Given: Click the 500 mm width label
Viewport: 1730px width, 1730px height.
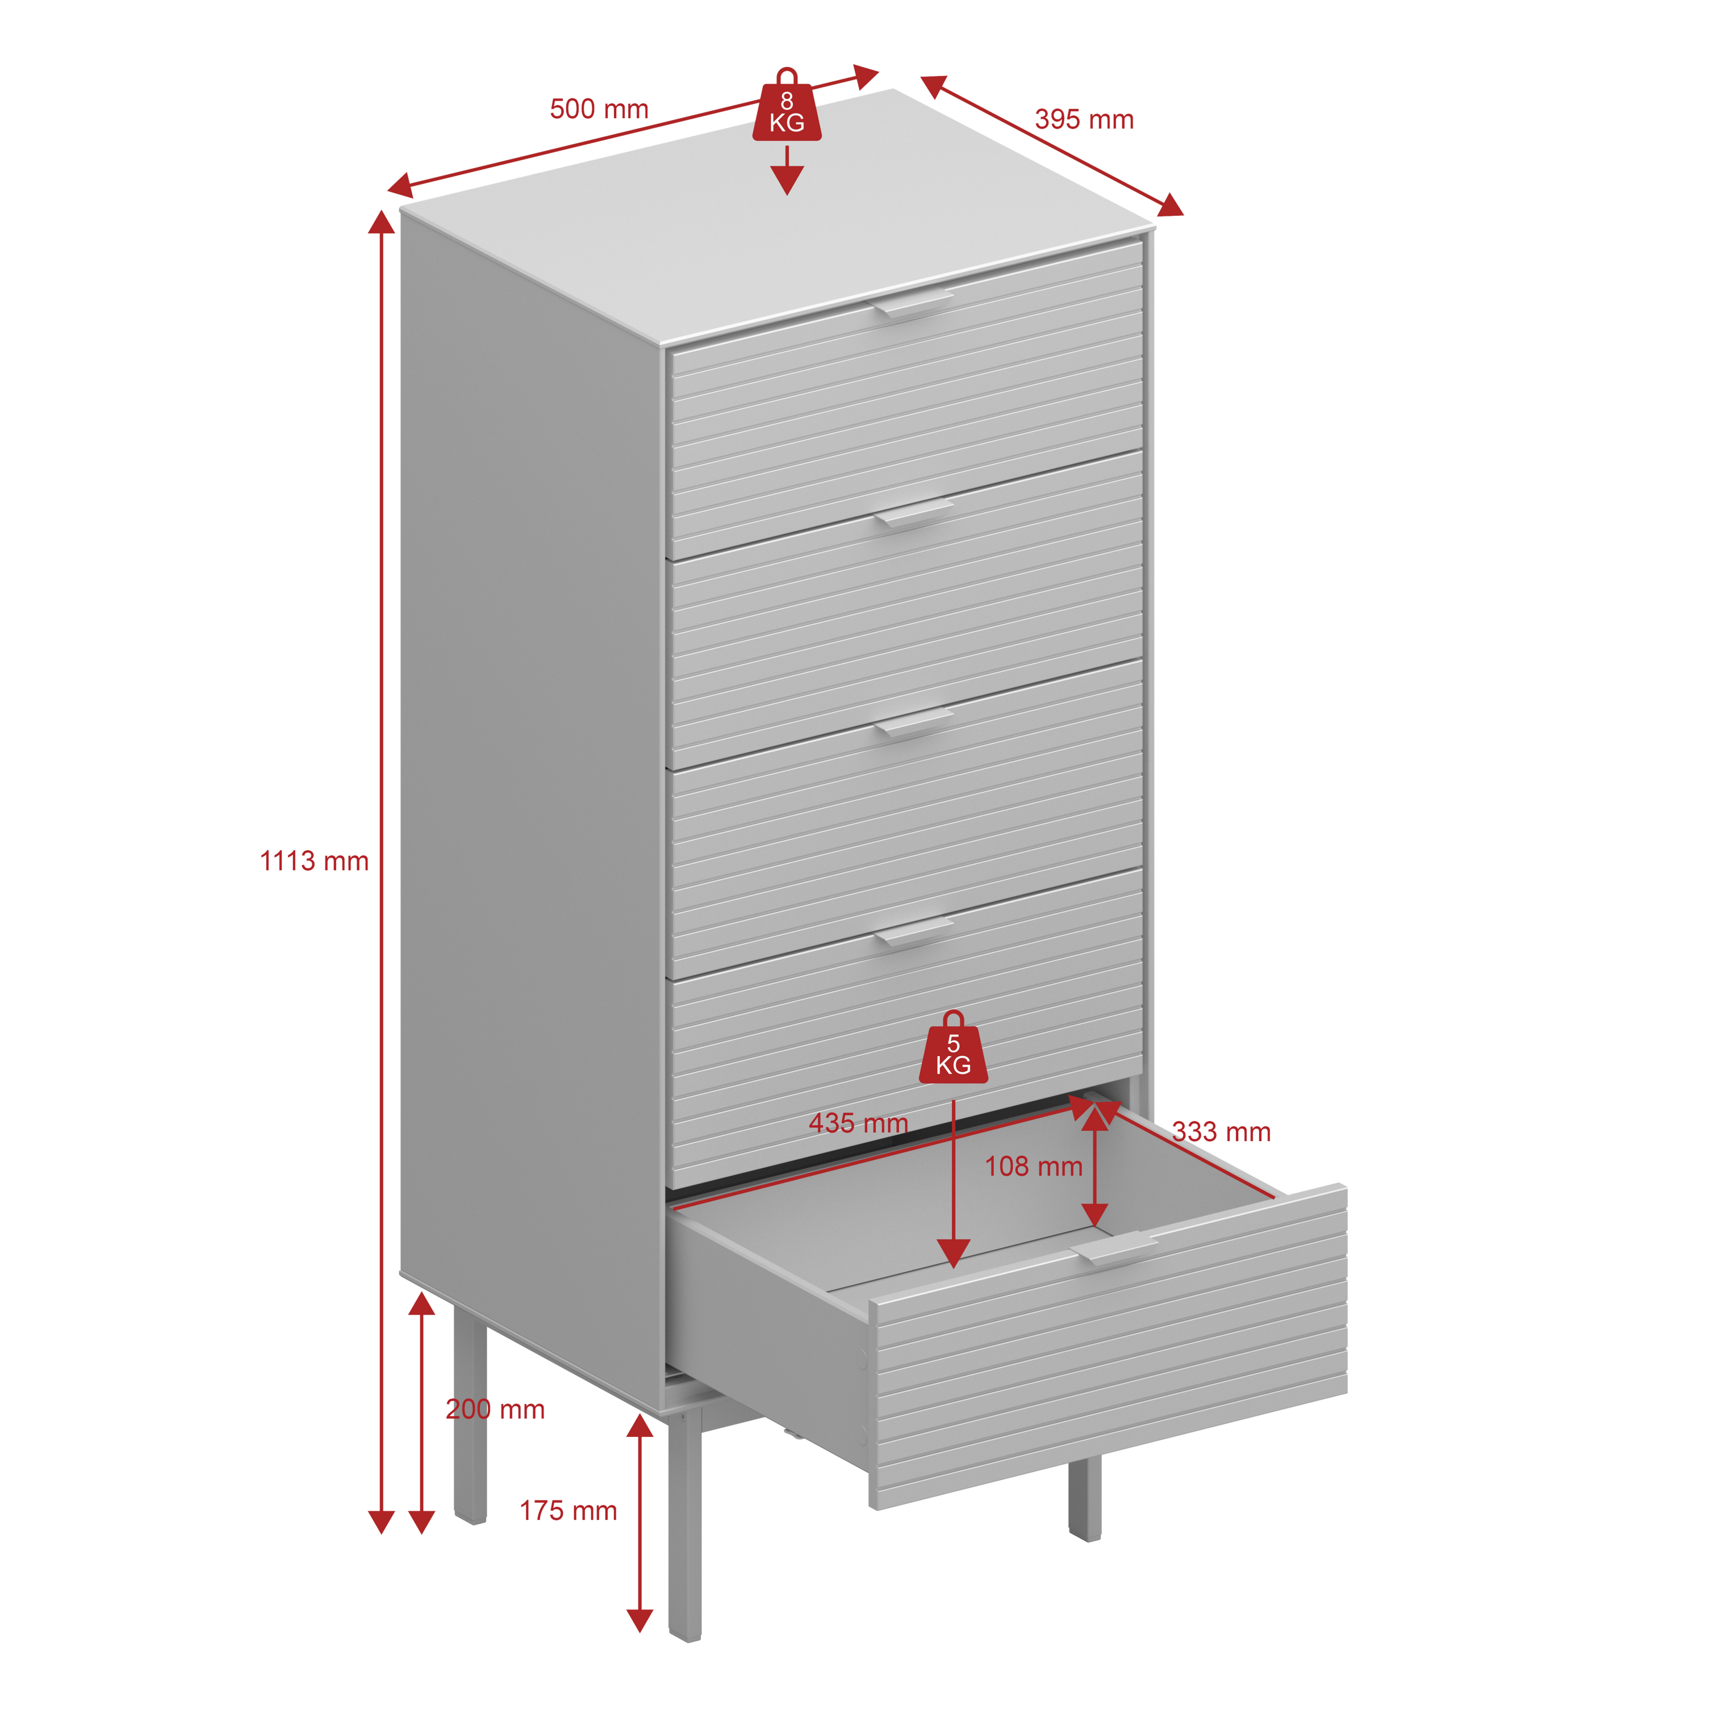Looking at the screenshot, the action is click(x=599, y=109).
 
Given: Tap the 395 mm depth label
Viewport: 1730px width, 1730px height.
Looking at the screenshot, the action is click(x=1084, y=119).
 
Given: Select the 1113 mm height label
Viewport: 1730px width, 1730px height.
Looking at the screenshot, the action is click(x=314, y=862).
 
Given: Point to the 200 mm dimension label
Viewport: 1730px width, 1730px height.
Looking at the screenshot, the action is click(x=495, y=1410).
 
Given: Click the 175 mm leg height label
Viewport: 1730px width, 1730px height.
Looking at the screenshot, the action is click(x=569, y=1511).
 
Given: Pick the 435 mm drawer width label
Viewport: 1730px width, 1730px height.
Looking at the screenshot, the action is click(x=859, y=1123).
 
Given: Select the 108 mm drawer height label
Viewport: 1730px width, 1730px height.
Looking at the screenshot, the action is click(x=1034, y=1166).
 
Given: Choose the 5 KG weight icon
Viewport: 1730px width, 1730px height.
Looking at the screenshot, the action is click(x=954, y=1048).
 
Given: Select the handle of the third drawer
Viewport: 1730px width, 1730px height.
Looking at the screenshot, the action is click(x=913, y=722).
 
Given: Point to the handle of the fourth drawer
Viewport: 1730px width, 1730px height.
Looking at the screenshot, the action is click(x=913, y=931).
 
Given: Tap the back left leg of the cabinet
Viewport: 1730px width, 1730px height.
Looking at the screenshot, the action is click(x=470, y=1423).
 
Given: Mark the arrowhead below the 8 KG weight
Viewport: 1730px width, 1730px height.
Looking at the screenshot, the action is click(x=787, y=181).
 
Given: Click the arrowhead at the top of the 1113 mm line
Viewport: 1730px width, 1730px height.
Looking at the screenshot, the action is click(x=382, y=222).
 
